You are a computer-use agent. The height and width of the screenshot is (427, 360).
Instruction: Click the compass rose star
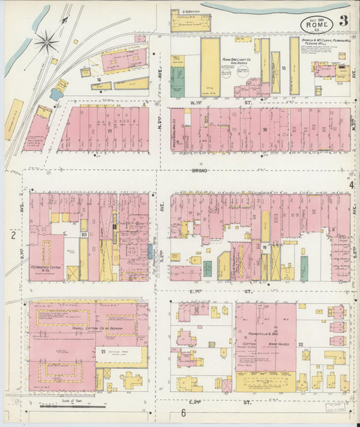coord(47,41)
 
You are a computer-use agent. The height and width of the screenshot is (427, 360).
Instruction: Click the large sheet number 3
coord(344,20)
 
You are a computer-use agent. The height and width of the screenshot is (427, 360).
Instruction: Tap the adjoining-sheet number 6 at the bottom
coord(182,413)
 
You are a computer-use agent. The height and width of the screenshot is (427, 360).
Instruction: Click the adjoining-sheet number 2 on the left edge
coord(12,235)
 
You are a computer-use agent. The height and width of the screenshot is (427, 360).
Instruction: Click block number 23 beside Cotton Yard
coord(103,352)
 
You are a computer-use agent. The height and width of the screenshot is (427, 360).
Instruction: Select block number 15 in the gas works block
coord(284,68)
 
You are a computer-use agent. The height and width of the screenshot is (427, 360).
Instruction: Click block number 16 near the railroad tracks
coord(99,80)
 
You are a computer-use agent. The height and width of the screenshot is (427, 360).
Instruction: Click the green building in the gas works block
coord(177,80)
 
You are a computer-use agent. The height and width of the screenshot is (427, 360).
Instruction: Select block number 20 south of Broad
coord(83,234)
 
